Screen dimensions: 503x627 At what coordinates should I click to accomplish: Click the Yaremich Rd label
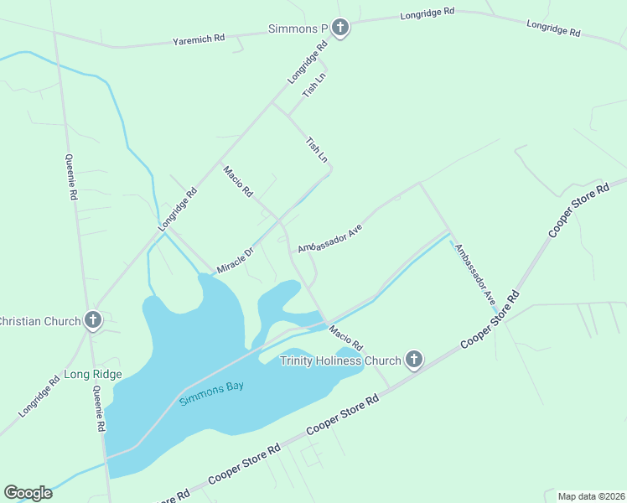tap(199, 39)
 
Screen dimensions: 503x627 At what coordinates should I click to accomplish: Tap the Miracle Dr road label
tap(236, 257)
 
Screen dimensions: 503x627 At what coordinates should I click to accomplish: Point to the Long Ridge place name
tap(93, 374)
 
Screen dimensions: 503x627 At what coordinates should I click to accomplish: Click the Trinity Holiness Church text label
tap(340, 361)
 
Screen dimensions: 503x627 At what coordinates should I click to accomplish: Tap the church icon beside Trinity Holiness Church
tap(413, 360)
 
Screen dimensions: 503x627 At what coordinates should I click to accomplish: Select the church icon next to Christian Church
tap(93, 320)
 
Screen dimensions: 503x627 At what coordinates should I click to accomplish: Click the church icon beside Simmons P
tap(339, 29)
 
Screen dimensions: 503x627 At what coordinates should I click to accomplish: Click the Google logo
tap(28, 493)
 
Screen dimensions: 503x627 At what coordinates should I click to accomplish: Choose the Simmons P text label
tap(298, 29)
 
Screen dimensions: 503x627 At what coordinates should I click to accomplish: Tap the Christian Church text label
tap(39, 320)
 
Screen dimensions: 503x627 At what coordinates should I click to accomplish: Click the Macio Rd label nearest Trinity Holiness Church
tap(345, 338)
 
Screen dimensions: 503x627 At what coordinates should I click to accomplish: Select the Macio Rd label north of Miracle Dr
tap(238, 181)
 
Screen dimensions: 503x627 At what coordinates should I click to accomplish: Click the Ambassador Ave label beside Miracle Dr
tap(329, 238)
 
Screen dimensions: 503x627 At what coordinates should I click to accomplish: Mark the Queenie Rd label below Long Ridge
tap(99, 413)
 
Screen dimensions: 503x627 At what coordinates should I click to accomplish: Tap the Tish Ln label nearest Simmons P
tap(313, 85)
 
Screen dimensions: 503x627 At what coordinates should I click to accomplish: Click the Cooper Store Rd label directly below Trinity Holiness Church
tap(342, 416)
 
